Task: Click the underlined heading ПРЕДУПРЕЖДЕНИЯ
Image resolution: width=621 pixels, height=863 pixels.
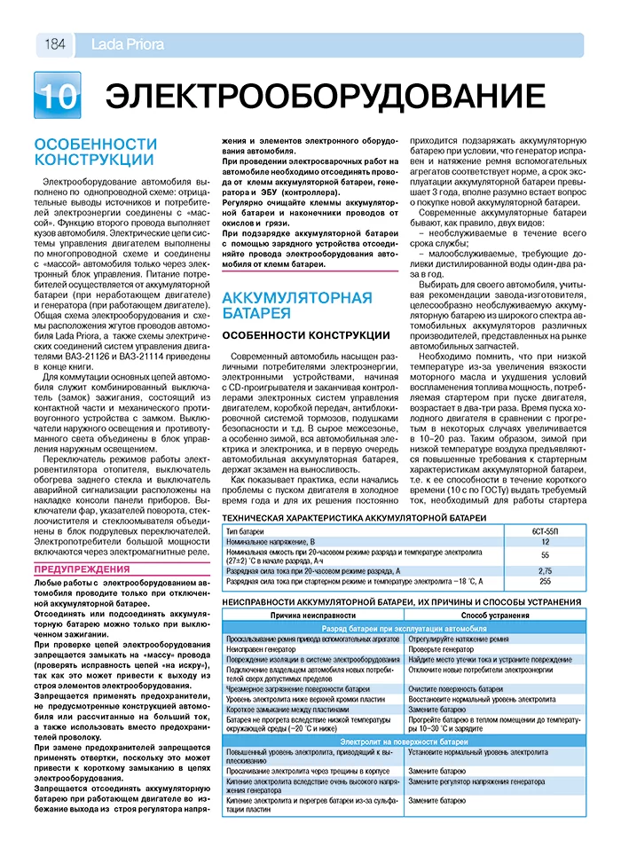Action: click(82, 569)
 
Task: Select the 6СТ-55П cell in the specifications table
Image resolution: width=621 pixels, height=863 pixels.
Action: click(545, 530)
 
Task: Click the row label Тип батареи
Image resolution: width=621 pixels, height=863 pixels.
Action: click(246, 530)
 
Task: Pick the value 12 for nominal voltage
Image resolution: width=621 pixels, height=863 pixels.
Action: click(545, 541)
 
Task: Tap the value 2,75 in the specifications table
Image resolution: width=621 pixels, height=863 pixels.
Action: click(545, 570)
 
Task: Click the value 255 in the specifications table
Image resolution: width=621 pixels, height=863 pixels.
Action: click(545, 581)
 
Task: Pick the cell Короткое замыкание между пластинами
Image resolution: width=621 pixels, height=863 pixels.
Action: click(287, 710)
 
